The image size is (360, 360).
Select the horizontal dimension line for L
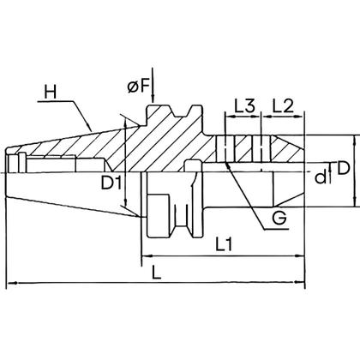tap(163, 283)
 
